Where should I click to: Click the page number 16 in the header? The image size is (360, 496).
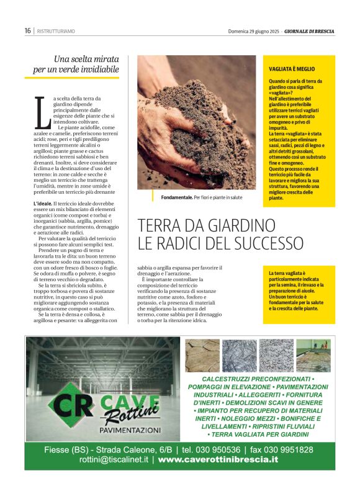[28, 30]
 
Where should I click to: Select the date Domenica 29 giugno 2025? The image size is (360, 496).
[253, 31]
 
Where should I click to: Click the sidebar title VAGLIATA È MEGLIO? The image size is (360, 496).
[292, 70]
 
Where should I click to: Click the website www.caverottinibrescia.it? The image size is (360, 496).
[218, 460]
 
